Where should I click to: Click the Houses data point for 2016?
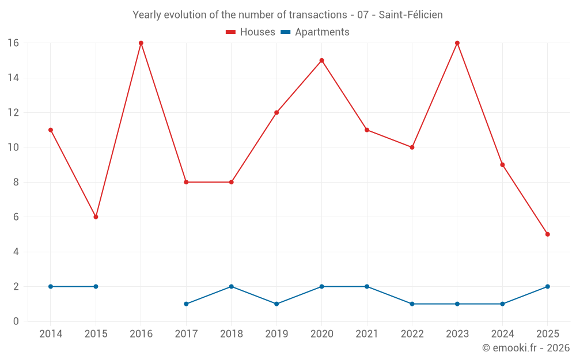[141, 43]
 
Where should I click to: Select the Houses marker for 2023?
[457, 43]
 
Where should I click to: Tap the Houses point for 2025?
[548, 234]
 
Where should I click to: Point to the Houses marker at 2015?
[96, 217]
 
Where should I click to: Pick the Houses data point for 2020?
[321, 60]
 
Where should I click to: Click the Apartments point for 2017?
[186, 304]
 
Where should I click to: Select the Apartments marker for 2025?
[548, 286]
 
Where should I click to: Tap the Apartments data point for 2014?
[51, 286]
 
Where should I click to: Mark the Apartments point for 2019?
[276, 304]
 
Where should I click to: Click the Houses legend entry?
[251, 32]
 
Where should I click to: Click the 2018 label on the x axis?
[231, 334]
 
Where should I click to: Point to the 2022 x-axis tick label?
[412, 334]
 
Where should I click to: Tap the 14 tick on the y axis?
[13, 78]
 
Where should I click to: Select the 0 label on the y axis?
[16, 321]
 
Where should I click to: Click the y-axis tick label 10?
[13, 147]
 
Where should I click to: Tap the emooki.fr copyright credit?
[526, 348]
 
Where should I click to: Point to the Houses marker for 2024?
[502, 165]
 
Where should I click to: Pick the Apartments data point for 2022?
[412, 304]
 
